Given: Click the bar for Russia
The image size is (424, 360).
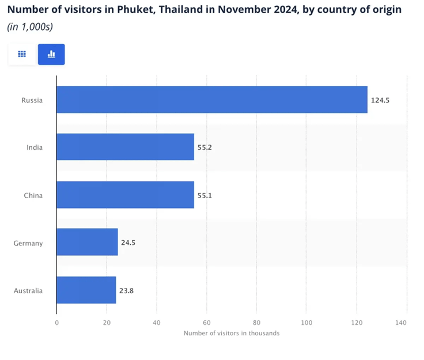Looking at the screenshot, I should (x=212, y=100).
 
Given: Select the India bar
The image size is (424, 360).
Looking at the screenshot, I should (x=126, y=147).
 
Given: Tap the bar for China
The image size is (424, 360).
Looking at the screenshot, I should (x=126, y=195).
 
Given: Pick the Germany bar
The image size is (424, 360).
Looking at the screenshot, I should (x=88, y=242).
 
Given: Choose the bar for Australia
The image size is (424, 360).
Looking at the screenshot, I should (x=86, y=290).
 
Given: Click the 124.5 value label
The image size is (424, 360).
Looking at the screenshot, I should (x=381, y=100).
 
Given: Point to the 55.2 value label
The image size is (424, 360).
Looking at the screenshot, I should (x=205, y=147).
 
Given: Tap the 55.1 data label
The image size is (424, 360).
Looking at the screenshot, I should (x=205, y=195).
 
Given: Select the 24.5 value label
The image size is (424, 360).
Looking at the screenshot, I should (x=129, y=243).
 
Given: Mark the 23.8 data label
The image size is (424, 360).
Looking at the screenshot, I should (x=127, y=291).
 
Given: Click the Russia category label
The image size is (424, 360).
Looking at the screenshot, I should (x=32, y=100).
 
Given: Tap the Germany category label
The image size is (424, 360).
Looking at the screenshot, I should (x=28, y=243).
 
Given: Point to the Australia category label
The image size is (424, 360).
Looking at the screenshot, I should (x=28, y=291).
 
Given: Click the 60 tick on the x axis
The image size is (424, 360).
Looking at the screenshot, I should (x=206, y=323).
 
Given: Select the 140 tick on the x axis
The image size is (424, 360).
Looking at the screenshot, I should (x=406, y=323).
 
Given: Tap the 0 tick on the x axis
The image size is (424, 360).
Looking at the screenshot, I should (x=56, y=323).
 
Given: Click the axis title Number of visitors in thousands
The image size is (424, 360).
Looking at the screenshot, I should (x=232, y=334).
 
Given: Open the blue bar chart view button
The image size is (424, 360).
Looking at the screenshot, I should (x=51, y=54).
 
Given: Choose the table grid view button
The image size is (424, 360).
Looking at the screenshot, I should (x=22, y=54).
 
